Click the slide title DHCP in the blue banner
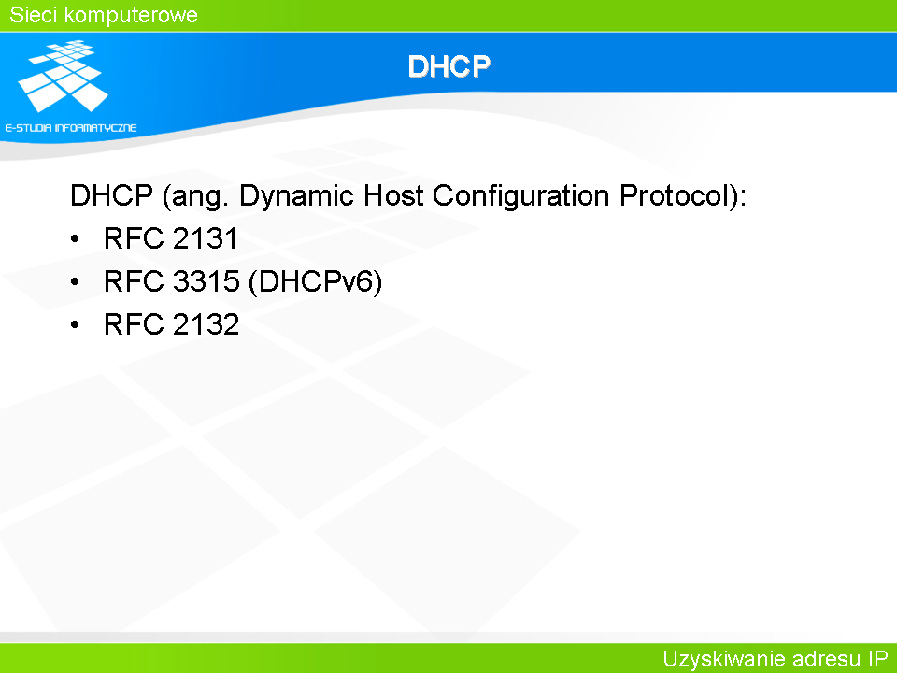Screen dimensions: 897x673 click(x=449, y=66)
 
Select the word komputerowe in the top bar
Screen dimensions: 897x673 click(x=131, y=16)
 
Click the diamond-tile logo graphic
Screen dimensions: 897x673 click(x=63, y=76)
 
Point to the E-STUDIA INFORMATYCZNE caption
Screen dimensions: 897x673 click(x=71, y=128)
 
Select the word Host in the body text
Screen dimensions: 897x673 click(x=393, y=195)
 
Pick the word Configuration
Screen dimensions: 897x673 click(x=521, y=196)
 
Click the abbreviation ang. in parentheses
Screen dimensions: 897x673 click(x=195, y=197)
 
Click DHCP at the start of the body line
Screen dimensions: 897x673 click(x=111, y=195)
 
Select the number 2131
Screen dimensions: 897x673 click(x=205, y=238)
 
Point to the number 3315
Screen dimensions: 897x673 click(x=206, y=281)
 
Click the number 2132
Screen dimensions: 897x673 click(x=206, y=324)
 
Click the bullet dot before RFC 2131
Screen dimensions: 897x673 click(x=75, y=239)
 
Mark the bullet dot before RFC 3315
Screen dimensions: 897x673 click(x=75, y=282)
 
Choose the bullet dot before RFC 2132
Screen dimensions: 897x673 click(x=75, y=325)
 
